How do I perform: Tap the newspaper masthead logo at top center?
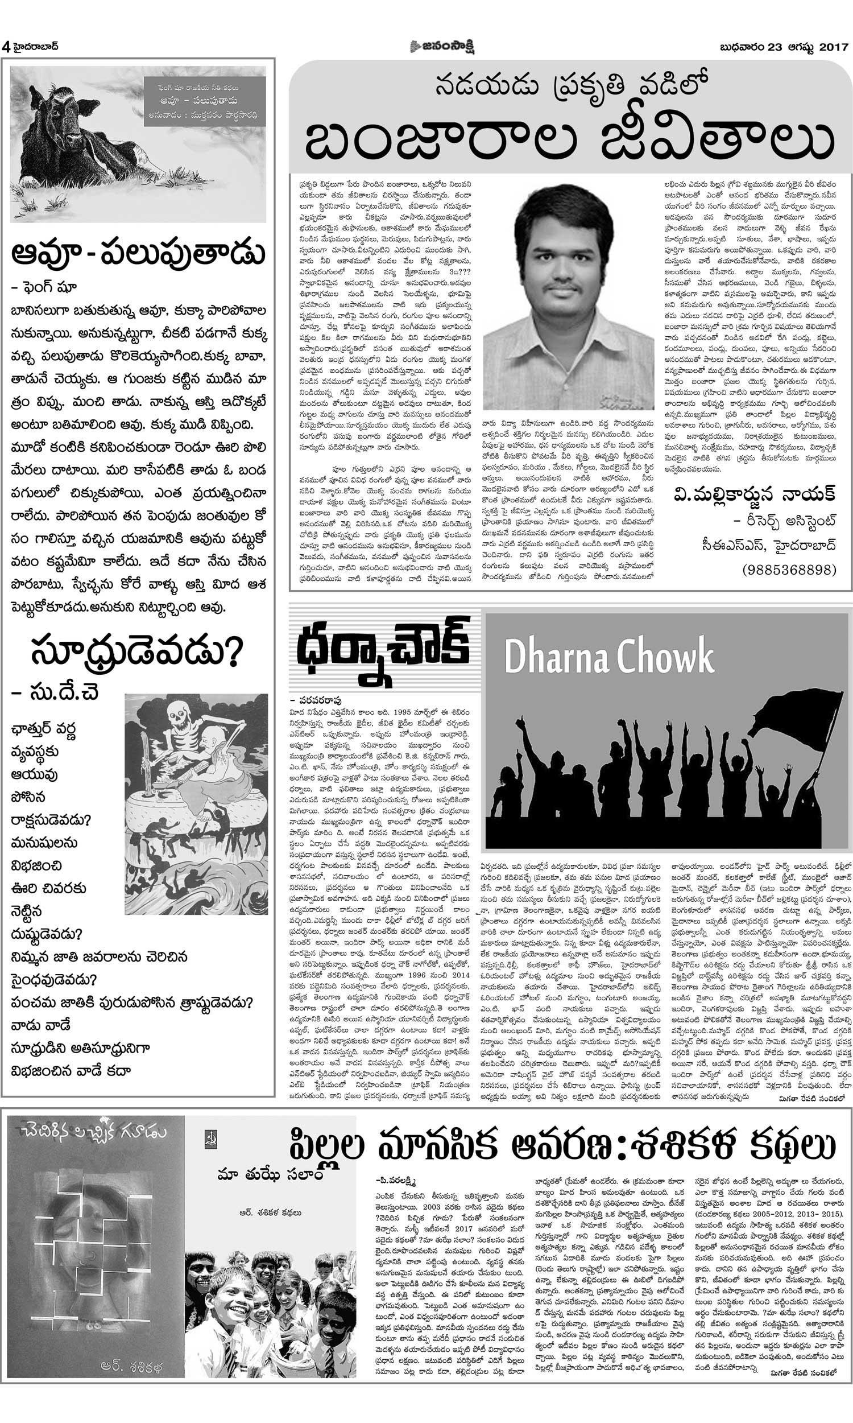coord(442,47)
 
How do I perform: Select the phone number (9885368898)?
coord(789,568)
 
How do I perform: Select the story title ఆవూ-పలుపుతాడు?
coord(138,254)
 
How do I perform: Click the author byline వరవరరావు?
coord(320,700)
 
